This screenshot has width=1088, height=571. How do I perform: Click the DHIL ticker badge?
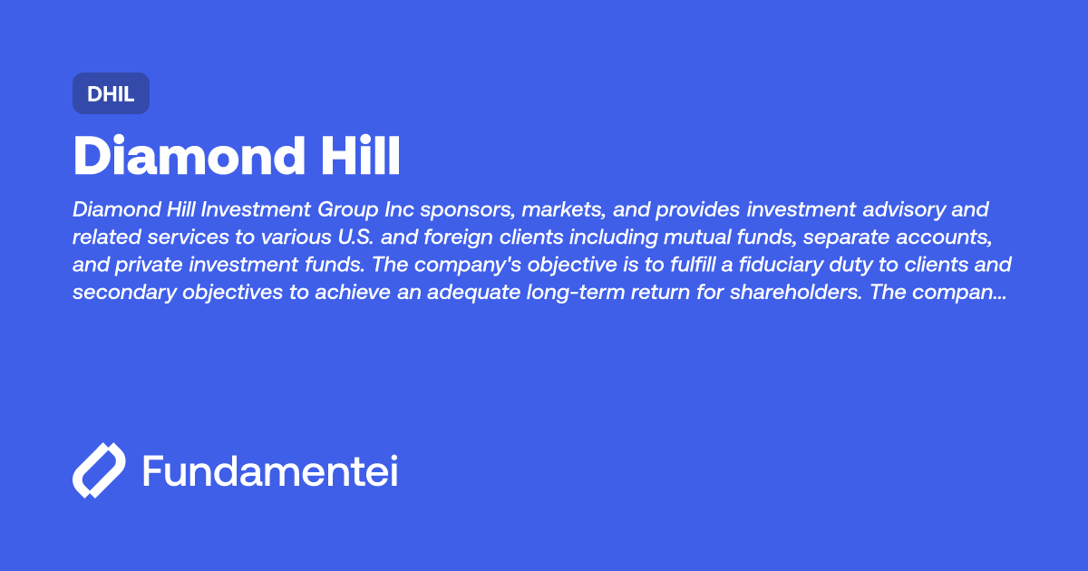pos(111,93)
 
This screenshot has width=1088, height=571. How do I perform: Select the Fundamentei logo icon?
pos(99,470)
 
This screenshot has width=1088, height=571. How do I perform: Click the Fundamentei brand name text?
pos(270,471)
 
